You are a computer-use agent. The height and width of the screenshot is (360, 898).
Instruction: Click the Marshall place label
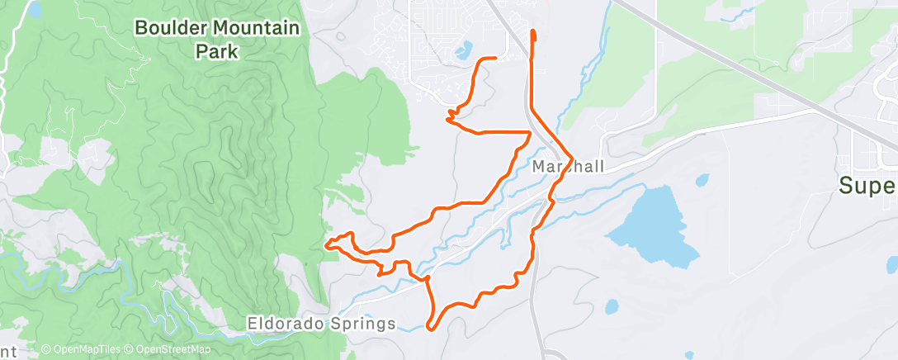[569, 167]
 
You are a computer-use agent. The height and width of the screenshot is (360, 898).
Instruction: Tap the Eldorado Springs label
[321, 324]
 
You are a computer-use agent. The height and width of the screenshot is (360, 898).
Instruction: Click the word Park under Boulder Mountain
[217, 51]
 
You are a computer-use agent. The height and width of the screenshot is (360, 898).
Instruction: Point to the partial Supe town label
[867, 186]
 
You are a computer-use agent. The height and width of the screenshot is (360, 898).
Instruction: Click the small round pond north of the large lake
[702, 179]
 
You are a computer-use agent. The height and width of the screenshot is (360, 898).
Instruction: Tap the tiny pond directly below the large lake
[611, 307]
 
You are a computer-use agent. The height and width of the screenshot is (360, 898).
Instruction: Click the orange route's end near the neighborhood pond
[494, 59]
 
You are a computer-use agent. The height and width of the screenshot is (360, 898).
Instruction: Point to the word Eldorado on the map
[283, 324]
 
